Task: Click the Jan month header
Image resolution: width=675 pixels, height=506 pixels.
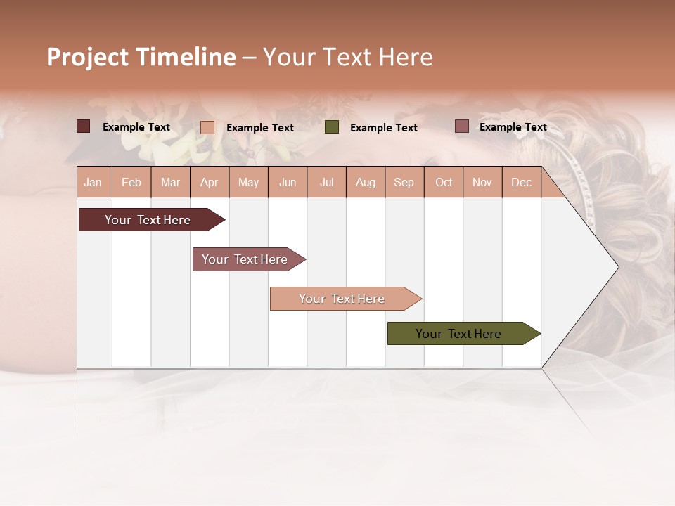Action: coord(93,183)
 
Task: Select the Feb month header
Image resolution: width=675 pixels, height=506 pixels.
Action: coord(131,183)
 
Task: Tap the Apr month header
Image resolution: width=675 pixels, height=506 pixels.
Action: coord(209,183)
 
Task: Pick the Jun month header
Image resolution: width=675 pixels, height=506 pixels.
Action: coord(288,183)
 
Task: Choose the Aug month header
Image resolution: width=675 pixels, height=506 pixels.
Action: coord(365,183)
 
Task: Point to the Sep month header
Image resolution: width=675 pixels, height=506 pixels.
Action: coord(404,183)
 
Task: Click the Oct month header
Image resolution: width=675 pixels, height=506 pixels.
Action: coord(444,183)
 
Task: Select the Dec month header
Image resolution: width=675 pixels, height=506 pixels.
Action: coord(521,183)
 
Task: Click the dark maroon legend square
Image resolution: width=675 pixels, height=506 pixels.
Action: coord(84,126)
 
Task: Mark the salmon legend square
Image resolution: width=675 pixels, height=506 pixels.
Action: coord(207,127)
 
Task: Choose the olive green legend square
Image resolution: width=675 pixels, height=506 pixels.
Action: coord(332,127)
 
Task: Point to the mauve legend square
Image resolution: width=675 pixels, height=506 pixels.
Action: coord(462,126)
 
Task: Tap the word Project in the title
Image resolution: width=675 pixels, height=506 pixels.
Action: coord(88,57)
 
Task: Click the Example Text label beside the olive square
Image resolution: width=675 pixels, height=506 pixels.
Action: coord(384,128)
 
